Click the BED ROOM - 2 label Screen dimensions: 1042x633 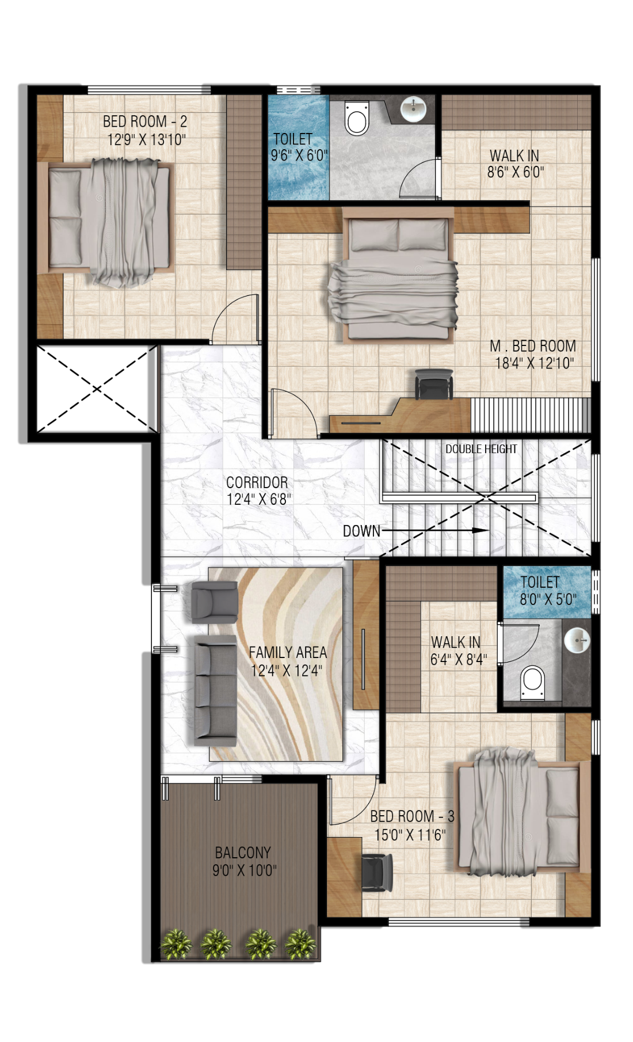tap(145, 121)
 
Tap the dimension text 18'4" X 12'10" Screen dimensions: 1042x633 tap(535, 363)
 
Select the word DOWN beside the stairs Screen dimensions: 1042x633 tap(361, 531)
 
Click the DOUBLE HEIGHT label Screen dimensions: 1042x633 tap(481, 449)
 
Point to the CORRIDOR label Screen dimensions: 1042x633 tap(257, 482)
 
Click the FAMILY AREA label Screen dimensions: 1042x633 tap(288, 652)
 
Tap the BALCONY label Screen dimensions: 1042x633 tap(243, 853)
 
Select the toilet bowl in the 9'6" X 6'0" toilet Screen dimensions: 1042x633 tap(357, 119)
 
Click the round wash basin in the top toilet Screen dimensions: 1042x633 tap(413, 108)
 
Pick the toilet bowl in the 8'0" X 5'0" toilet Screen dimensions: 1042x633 tap(532, 682)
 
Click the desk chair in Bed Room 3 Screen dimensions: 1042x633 tap(377, 871)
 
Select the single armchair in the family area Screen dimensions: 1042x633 tap(214, 602)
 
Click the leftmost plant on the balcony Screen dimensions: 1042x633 tap(176, 944)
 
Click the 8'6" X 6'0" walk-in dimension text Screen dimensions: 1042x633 tap(516, 172)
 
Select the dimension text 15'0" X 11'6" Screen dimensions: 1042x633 tap(410, 835)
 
